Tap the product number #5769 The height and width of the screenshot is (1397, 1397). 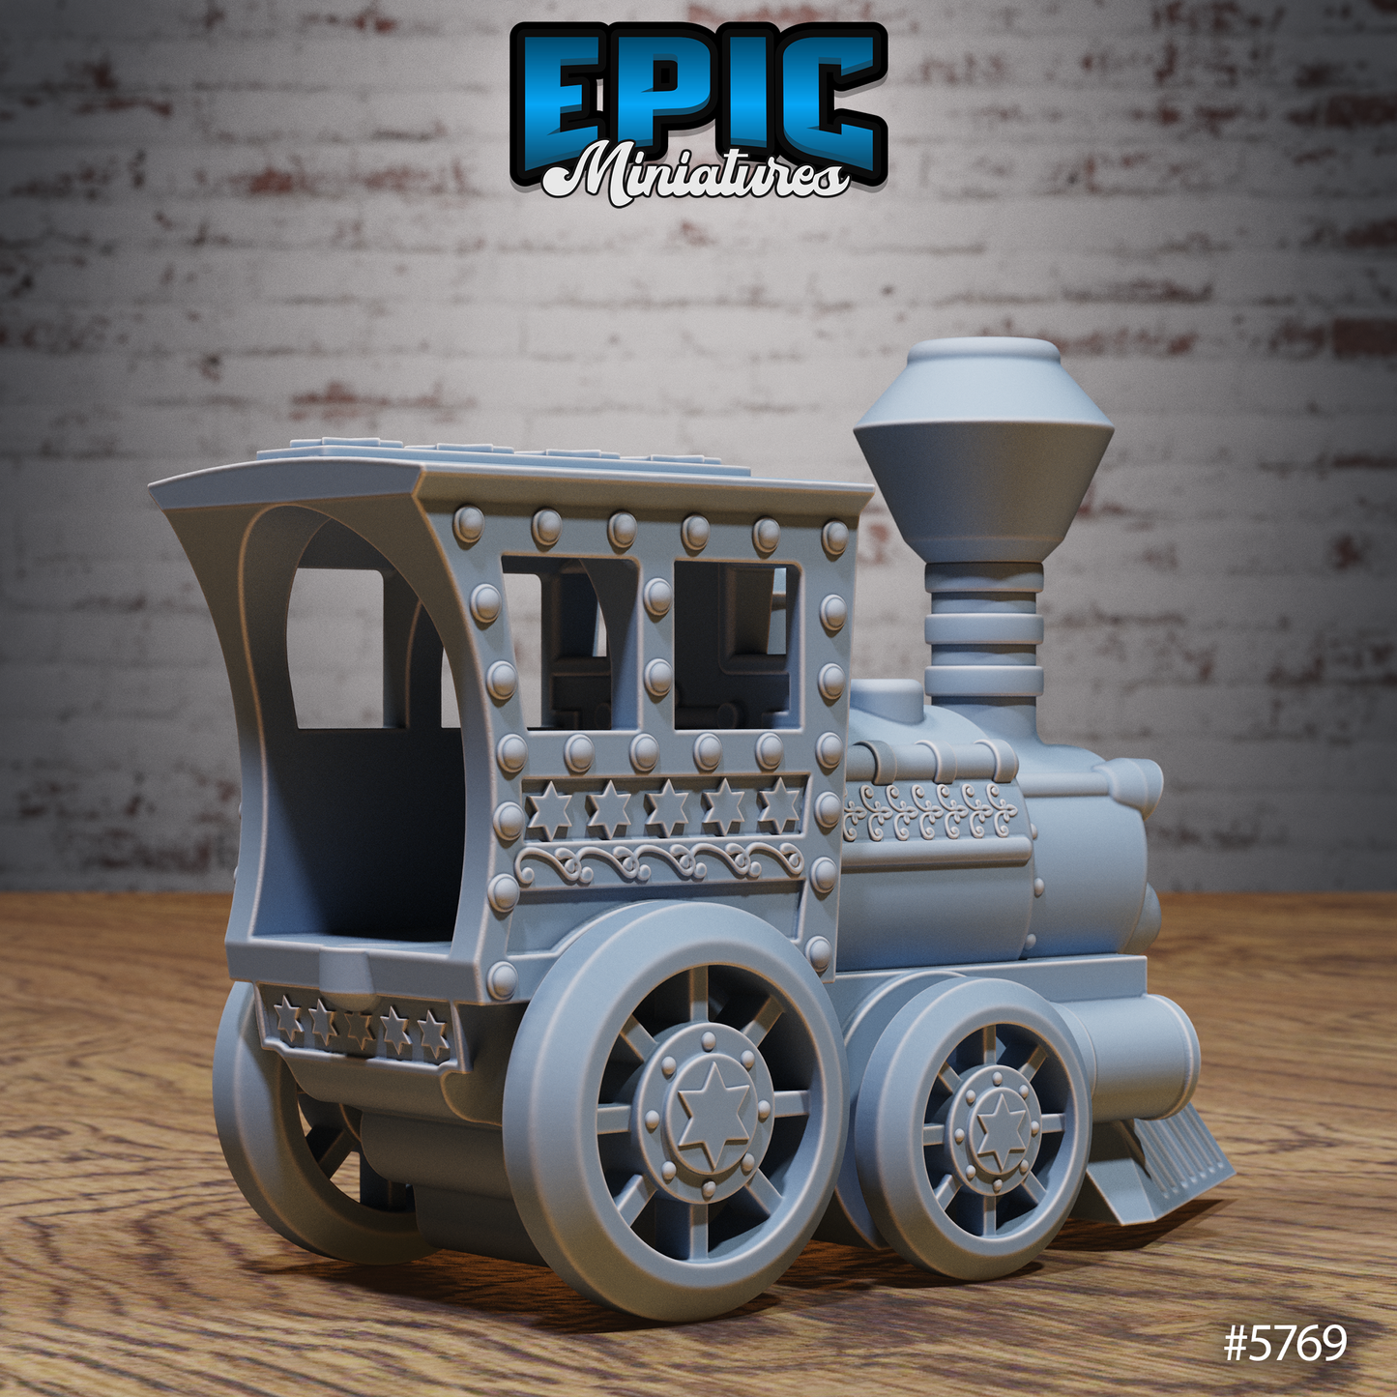point(1285,1343)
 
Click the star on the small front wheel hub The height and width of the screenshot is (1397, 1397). point(1001,1128)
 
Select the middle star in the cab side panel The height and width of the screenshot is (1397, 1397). point(666,807)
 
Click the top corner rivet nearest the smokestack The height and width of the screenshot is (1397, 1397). point(834,537)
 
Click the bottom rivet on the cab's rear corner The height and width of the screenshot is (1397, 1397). point(501,979)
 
